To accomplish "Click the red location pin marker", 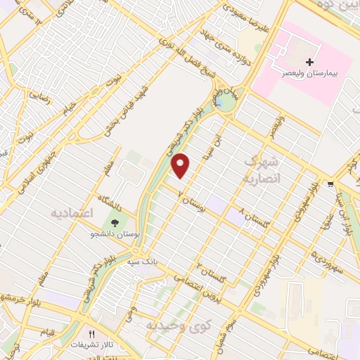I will [181, 165].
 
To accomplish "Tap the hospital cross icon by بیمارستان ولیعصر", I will [309, 63].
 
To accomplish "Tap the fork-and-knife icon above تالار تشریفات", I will [91, 334].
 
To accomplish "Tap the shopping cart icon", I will [330, 185].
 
